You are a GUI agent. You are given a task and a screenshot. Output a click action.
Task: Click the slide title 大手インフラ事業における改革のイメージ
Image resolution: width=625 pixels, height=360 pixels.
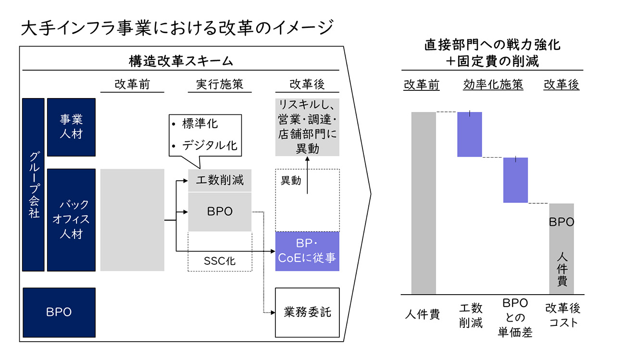point(177,27)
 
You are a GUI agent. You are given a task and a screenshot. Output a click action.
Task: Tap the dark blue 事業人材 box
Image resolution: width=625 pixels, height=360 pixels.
point(71,127)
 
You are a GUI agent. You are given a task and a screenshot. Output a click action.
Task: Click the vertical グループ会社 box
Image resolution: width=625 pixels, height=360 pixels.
point(34,185)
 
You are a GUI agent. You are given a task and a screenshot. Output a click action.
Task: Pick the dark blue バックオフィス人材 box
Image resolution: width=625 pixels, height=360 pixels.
point(71,220)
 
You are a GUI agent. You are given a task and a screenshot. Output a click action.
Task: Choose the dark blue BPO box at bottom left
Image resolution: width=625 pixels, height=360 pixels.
point(59,311)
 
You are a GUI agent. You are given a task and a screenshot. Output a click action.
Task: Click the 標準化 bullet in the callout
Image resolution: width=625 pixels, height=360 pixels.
point(200,124)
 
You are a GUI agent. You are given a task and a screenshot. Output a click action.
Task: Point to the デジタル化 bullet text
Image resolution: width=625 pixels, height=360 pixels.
point(210,145)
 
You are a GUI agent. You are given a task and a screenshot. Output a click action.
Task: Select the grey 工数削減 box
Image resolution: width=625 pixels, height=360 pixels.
point(220,180)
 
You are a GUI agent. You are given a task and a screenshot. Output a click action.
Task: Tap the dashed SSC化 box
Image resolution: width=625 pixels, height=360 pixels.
point(220,261)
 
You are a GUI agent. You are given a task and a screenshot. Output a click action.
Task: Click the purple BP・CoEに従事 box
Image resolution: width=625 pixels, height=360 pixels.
point(307,251)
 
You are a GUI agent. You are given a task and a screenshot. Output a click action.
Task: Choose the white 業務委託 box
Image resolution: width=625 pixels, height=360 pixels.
point(307,312)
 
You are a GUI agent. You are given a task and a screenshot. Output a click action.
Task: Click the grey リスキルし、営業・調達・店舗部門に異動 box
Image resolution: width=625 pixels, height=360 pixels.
point(307,127)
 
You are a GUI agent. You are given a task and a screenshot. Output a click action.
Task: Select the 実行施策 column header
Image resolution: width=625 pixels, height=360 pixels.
point(220,85)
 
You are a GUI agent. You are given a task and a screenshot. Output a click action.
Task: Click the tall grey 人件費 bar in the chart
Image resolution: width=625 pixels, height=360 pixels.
point(424,202)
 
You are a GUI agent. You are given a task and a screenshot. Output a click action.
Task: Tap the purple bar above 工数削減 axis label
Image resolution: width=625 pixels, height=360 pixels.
point(470,134)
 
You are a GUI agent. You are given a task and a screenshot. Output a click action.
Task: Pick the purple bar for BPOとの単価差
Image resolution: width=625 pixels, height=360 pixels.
point(515,180)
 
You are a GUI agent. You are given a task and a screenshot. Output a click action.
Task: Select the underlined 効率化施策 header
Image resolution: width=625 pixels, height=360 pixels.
point(493,85)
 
